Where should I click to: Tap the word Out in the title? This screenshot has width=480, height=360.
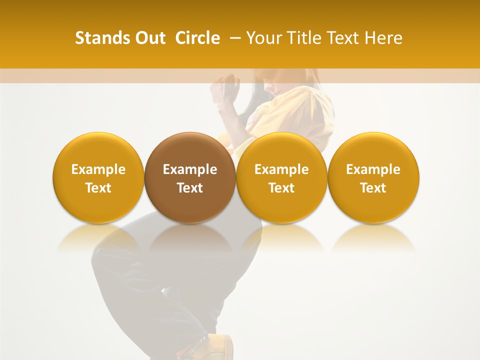[149, 38]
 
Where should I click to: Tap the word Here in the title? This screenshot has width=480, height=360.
[383, 38]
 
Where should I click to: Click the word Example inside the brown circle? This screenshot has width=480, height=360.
[190, 169]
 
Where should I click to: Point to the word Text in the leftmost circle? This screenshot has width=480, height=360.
[98, 188]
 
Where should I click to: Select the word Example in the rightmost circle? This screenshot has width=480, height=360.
[373, 169]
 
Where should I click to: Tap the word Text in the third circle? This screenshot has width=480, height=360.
[281, 188]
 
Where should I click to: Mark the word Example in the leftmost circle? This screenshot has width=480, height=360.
[98, 169]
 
